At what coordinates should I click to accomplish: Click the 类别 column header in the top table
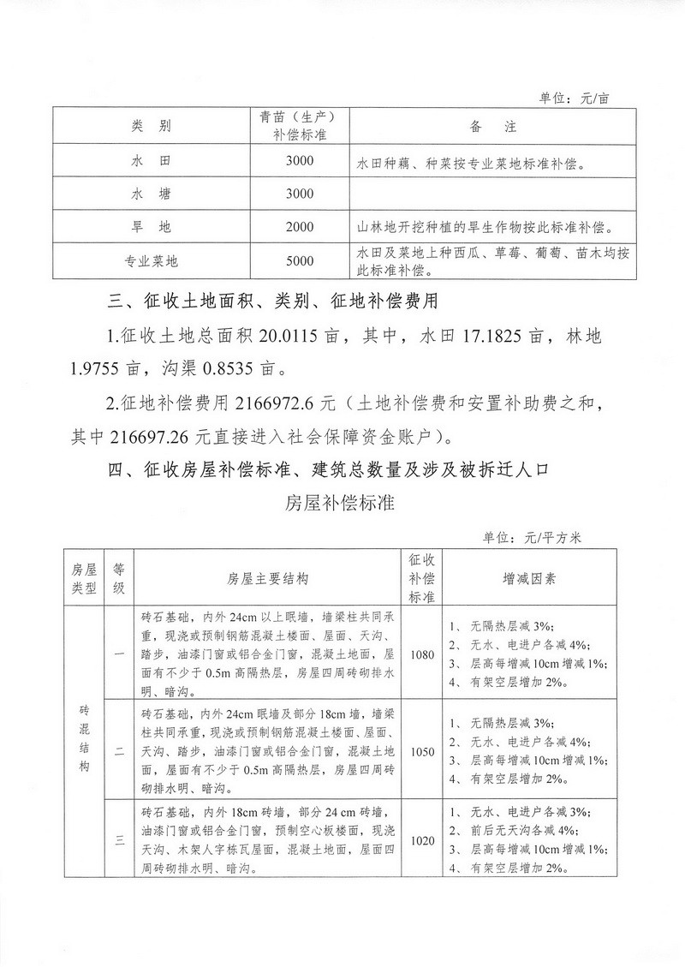151,127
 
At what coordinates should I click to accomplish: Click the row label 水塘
151,194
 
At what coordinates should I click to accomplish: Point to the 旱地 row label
151,228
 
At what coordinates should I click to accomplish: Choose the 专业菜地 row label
151,261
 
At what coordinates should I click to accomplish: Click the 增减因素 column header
527,578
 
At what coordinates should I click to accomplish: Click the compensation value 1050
422,750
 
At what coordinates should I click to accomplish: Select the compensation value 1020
422,840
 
